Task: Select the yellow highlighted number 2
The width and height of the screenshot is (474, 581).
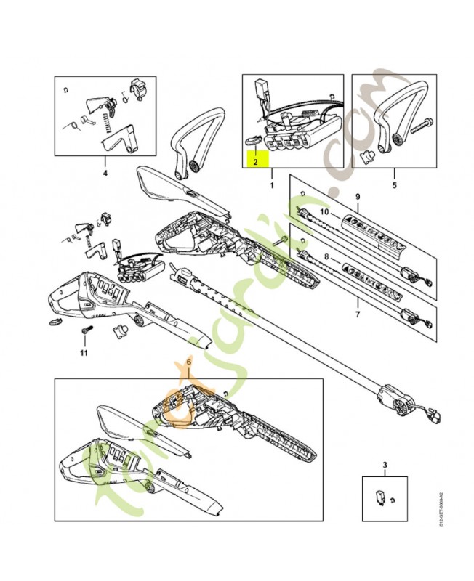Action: point(255,162)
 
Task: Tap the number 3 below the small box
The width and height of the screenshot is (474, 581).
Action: point(385,463)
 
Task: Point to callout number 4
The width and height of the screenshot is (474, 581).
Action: point(105,174)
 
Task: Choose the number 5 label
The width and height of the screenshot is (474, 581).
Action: point(394,174)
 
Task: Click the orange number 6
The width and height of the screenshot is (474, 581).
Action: point(189,360)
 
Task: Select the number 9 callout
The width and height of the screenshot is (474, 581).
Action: point(357,198)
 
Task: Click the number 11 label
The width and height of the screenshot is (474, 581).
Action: point(84,353)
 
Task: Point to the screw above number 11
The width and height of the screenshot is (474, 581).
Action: point(84,331)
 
